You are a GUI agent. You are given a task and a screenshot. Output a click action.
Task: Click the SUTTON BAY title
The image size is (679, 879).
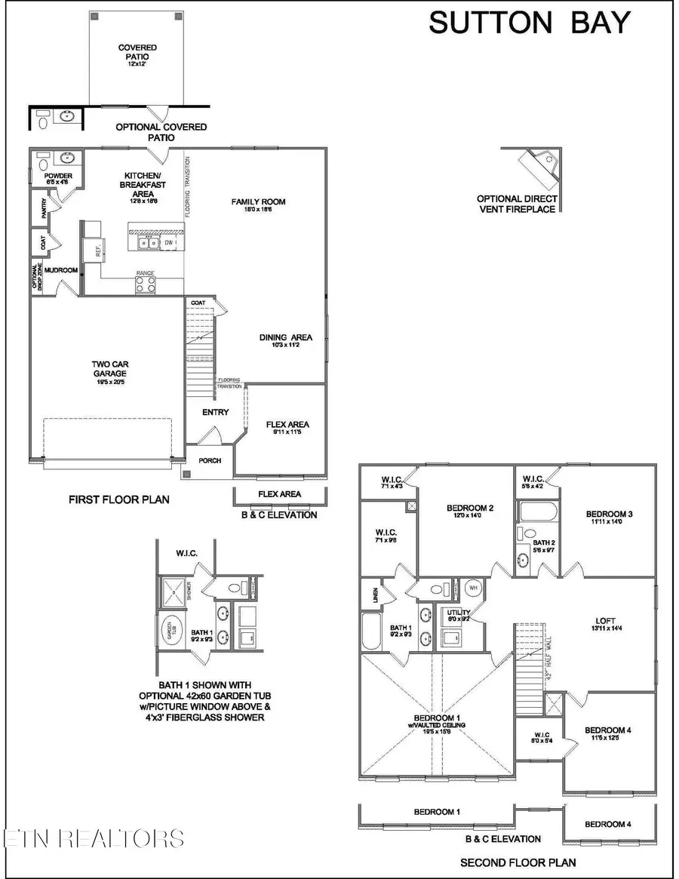click(x=528, y=23)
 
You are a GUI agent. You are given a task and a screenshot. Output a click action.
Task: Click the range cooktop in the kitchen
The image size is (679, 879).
click(x=146, y=284)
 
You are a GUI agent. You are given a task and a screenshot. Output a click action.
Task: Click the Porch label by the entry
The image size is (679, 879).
click(x=210, y=460)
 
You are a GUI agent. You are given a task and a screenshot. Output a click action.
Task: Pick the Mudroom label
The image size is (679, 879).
click(x=61, y=269)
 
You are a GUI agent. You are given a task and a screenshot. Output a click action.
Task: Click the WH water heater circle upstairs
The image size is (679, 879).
click(x=475, y=587)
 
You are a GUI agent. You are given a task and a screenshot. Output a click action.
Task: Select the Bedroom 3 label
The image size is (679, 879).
click(x=609, y=515)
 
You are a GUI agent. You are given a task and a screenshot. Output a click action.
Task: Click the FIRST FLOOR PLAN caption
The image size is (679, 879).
click(x=119, y=499)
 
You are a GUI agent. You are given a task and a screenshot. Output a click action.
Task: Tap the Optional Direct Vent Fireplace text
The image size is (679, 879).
click(x=517, y=204)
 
